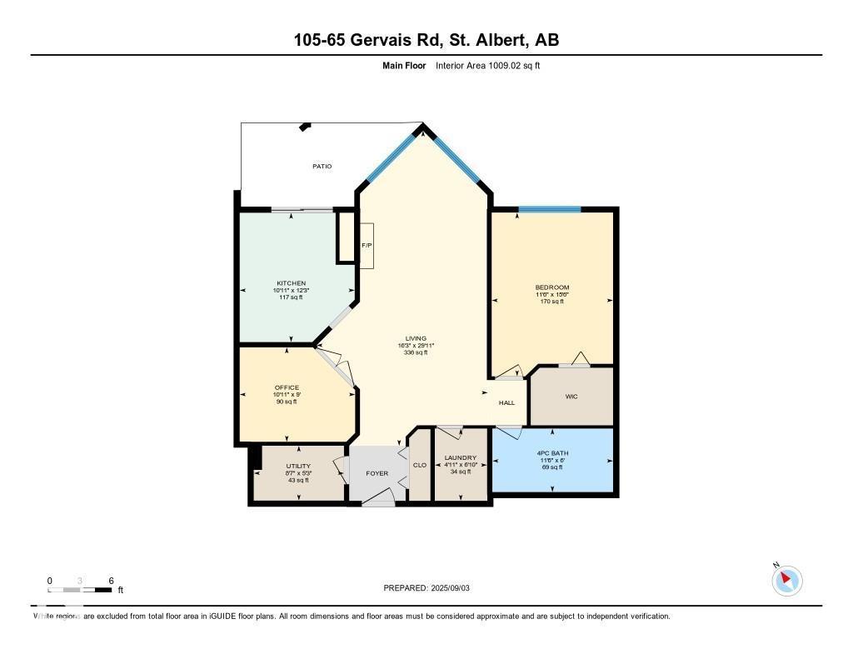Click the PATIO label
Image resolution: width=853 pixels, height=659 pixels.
322,167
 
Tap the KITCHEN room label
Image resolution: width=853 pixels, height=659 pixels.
292,283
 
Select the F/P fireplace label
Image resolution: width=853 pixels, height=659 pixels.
366,246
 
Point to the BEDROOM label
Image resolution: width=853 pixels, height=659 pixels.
551,287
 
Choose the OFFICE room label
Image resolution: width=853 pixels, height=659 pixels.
287,387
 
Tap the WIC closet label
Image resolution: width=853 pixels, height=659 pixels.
571,397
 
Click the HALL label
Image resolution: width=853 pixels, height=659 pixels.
507,402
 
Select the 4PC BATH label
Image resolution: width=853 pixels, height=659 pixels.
551,453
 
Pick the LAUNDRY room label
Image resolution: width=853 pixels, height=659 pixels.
460,457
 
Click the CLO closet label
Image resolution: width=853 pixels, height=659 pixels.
420,465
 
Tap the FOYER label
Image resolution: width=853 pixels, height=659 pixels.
377,473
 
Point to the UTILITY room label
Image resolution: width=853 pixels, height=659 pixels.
298,467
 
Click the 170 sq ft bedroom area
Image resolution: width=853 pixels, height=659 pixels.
551,302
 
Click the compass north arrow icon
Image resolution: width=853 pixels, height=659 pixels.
786,580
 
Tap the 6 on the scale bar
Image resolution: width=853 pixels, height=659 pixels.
111,581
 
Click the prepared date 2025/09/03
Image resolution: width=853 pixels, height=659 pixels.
456,588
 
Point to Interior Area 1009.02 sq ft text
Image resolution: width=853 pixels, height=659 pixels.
487,65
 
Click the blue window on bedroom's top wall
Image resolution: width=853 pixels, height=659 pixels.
549,209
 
